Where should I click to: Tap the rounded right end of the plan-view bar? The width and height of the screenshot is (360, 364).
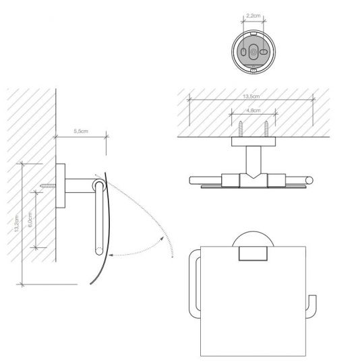(311, 179)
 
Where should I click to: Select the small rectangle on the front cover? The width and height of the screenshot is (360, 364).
(251, 253)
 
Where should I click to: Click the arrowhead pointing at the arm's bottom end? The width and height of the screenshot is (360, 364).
(111, 255)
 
